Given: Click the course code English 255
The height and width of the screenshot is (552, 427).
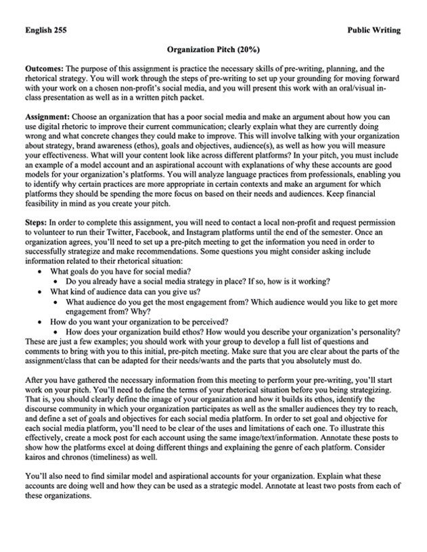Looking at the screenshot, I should [45, 30].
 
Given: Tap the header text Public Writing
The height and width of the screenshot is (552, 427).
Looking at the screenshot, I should [374, 30].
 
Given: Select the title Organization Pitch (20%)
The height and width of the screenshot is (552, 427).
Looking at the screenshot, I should [213, 50].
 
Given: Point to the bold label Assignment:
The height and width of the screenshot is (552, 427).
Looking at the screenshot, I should [47, 117].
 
